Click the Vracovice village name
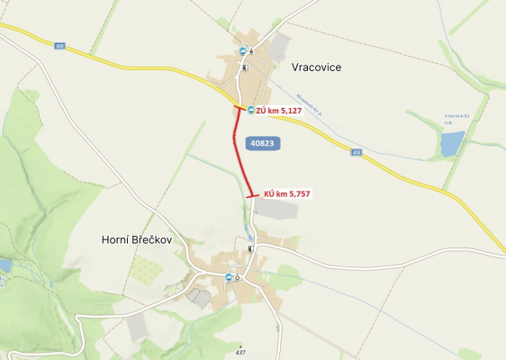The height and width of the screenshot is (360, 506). click(x=317, y=67)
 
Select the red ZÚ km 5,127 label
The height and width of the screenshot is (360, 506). click(x=279, y=111)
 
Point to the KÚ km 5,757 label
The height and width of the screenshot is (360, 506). click(x=288, y=193)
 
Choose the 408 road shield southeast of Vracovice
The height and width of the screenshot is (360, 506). click(x=357, y=153)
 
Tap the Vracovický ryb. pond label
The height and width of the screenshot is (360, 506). click(x=456, y=118)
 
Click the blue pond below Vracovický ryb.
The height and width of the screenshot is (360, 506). click(x=452, y=143)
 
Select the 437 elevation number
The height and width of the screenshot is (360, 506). click(x=240, y=352)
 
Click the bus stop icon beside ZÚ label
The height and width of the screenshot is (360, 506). click(x=250, y=110)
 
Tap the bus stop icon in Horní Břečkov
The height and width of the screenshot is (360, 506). click(x=229, y=277)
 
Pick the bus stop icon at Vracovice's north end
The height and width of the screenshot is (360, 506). click(x=242, y=51)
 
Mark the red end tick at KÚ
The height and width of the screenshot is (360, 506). click(x=252, y=194)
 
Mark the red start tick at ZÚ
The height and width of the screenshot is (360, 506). click(x=239, y=108)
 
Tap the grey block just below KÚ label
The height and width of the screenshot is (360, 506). click(x=276, y=211)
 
